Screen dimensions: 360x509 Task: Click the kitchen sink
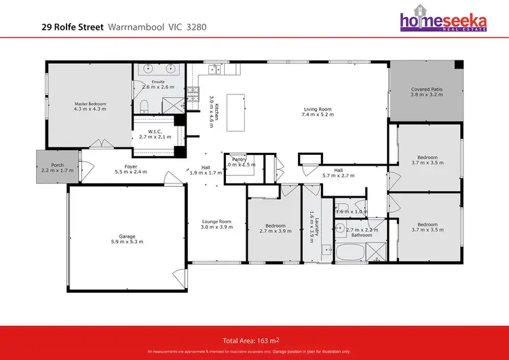pyautogui.click(x=216, y=68)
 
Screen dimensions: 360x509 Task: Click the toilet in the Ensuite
pyautogui.click(x=145, y=105)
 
